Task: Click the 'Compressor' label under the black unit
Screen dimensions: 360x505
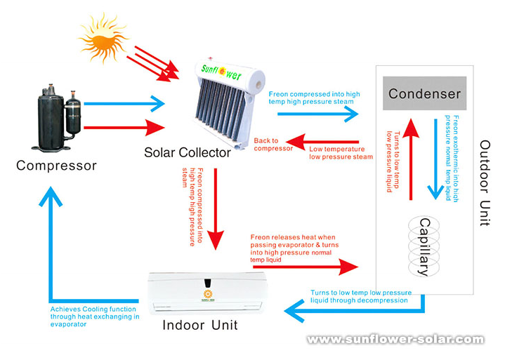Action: point(56,166)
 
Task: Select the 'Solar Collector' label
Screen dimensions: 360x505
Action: point(188,152)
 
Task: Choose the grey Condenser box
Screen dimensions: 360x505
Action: point(424,93)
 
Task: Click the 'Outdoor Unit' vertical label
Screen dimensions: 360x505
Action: point(485,182)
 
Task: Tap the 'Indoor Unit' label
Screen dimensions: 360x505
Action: point(200,325)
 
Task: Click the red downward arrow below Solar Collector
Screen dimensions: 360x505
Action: point(218,211)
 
